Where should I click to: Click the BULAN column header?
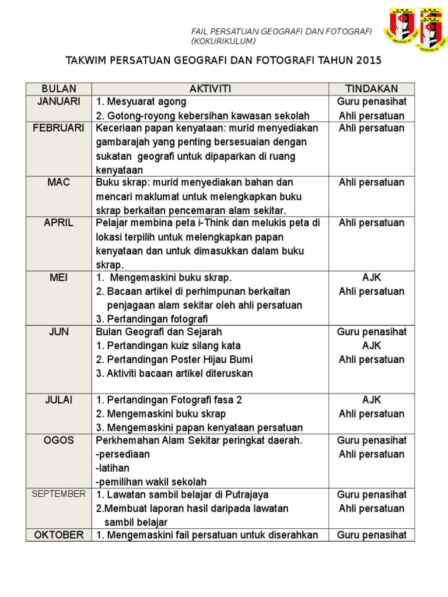[58, 89]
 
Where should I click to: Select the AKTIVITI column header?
[210, 89]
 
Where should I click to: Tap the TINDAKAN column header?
[372, 89]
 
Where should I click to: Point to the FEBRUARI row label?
[58, 128]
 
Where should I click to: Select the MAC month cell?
[58, 182]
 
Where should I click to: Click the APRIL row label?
[58, 223]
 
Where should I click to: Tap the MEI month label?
[58, 278]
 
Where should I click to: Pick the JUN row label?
[58, 332]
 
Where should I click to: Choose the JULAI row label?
[58, 400]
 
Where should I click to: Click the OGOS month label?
[58, 440]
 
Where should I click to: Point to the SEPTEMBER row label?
[58, 494]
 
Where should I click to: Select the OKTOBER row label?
[58, 535]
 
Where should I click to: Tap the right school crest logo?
[432, 31]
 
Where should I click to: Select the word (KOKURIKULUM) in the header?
[223, 41]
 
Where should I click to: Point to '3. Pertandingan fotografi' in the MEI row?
[152, 318]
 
